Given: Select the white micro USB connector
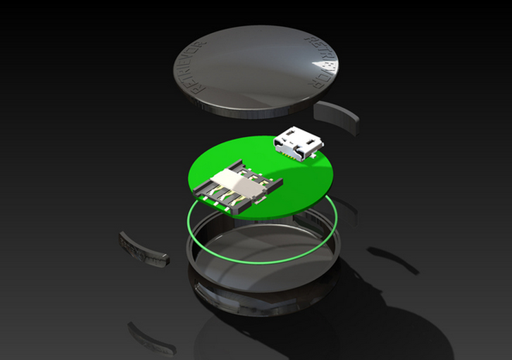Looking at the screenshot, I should (x=297, y=144).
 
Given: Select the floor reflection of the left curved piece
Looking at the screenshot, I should (x=149, y=337).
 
